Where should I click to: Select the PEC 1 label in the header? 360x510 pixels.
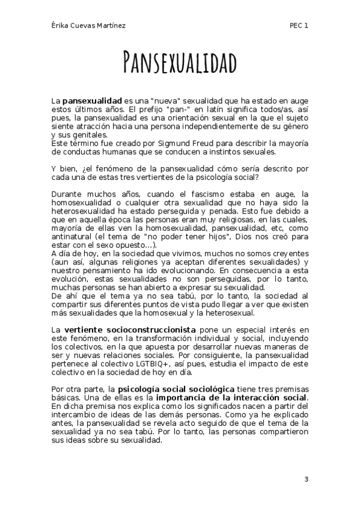[298, 25]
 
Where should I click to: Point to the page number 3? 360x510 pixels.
[307, 479]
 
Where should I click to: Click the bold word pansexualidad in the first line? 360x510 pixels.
[92, 97]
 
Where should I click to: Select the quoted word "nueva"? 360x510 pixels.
[165, 97]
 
